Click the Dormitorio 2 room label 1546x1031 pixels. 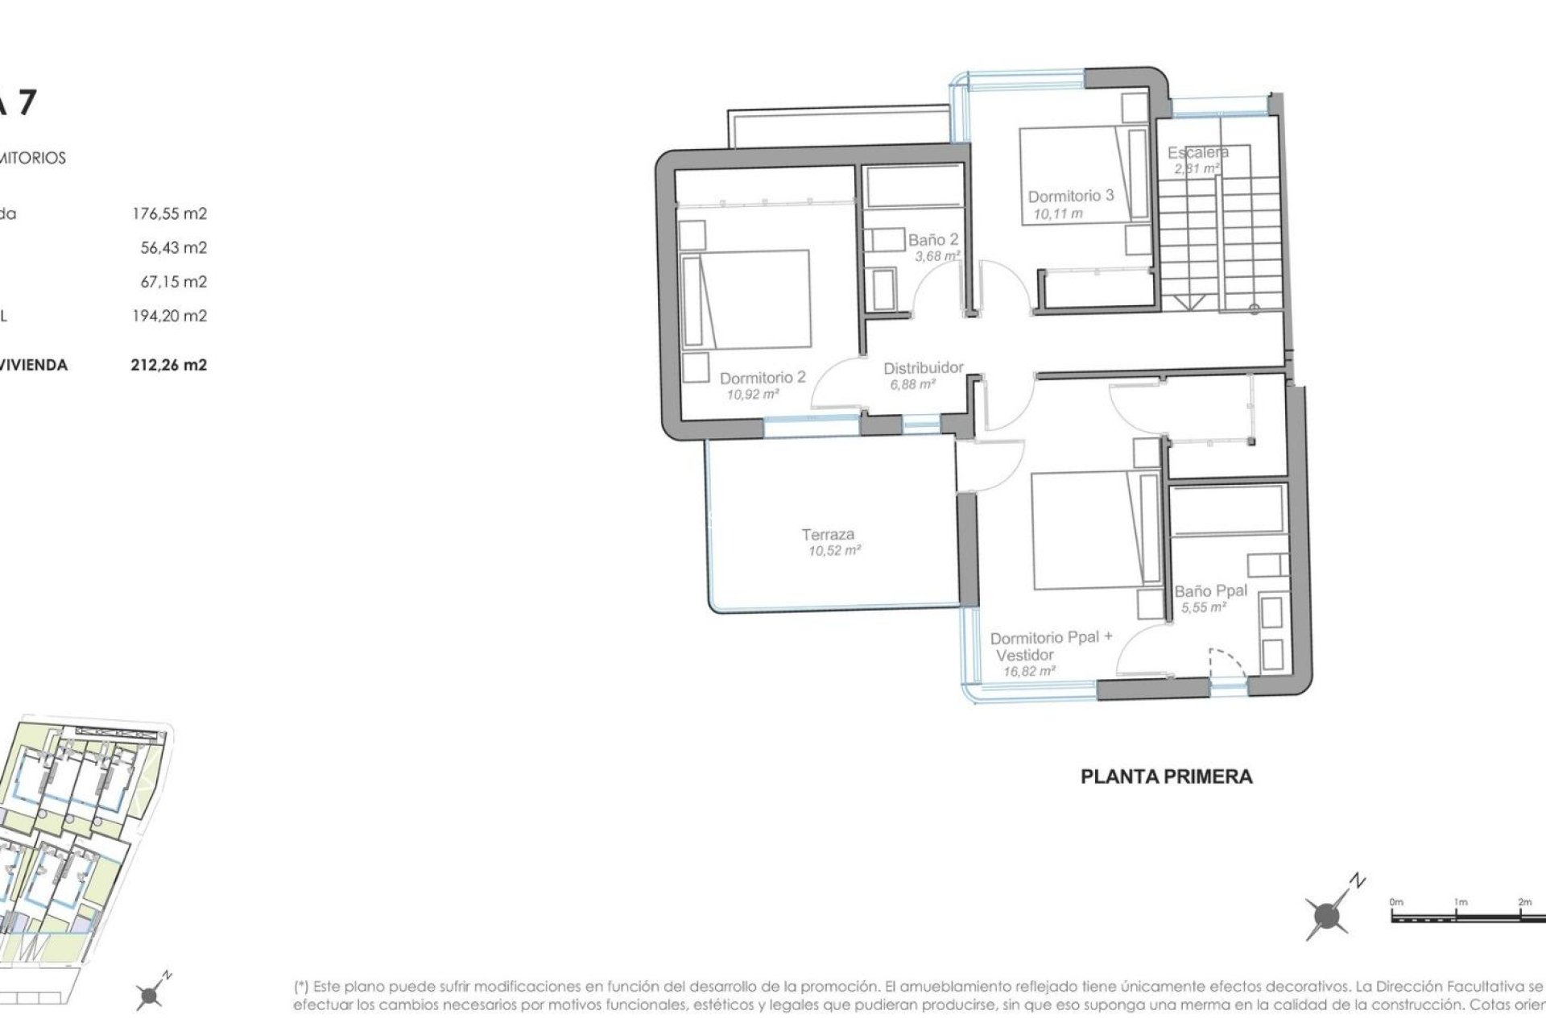point(762,378)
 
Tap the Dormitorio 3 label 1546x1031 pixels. point(1070,196)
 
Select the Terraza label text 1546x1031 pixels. point(828,534)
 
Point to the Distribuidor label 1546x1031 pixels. point(923,368)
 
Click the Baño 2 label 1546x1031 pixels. point(933,240)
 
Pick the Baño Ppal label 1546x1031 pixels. point(1210,590)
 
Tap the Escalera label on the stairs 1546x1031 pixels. point(1197,152)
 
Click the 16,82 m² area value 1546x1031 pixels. point(1029,670)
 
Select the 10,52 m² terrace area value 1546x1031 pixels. point(835,551)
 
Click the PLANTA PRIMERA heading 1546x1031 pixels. point(1166,777)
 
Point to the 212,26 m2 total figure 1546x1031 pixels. point(169,365)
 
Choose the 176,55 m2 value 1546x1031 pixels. point(169,214)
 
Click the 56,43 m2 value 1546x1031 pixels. point(173,248)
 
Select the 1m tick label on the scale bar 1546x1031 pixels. point(1460,903)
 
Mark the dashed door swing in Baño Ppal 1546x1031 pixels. point(1229,662)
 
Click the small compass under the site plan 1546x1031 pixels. point(150,996)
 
